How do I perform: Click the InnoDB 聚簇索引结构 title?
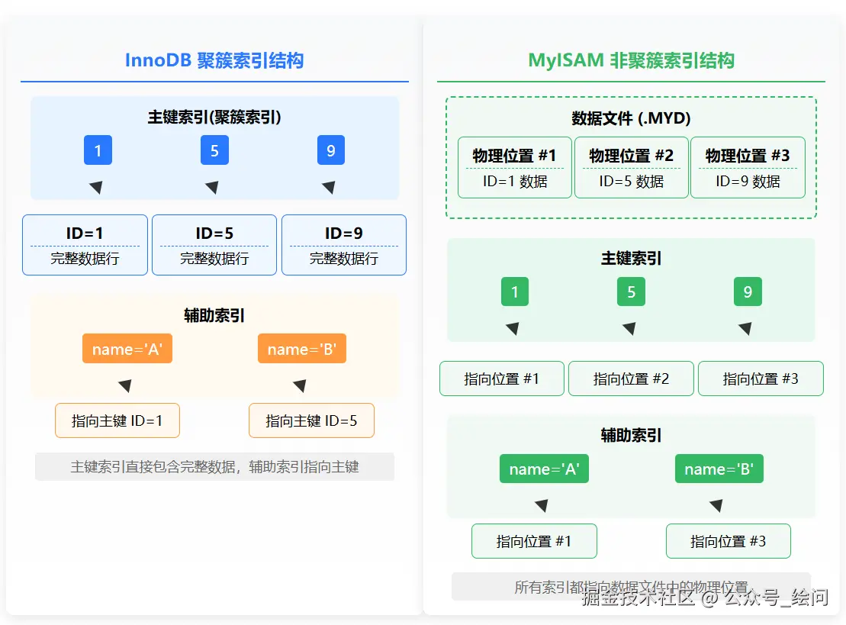[214, 60]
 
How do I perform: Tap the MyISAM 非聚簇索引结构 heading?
[631, 60]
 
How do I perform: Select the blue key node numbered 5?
[214, 150]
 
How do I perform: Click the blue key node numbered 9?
[331, 150]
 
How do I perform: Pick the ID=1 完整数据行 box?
[85, 245]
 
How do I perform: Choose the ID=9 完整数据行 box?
[344, 245]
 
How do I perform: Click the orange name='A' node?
[127, 350]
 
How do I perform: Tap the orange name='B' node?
[302, 350]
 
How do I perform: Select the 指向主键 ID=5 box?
[311, 420]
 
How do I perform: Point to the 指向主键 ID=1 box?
[117, 420]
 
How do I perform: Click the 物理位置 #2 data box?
[631, 168]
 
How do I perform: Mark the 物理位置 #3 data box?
[748, 168]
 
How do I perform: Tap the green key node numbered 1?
[515, 292]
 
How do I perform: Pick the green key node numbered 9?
[748, 292]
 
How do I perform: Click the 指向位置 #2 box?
[631, 379]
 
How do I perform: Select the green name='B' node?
[719, 469]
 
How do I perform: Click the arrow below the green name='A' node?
[541, 505]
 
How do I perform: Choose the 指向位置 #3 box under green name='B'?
[728, 541]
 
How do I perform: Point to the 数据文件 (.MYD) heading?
[631, 118]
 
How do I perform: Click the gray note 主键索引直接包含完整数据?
[214, 466]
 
